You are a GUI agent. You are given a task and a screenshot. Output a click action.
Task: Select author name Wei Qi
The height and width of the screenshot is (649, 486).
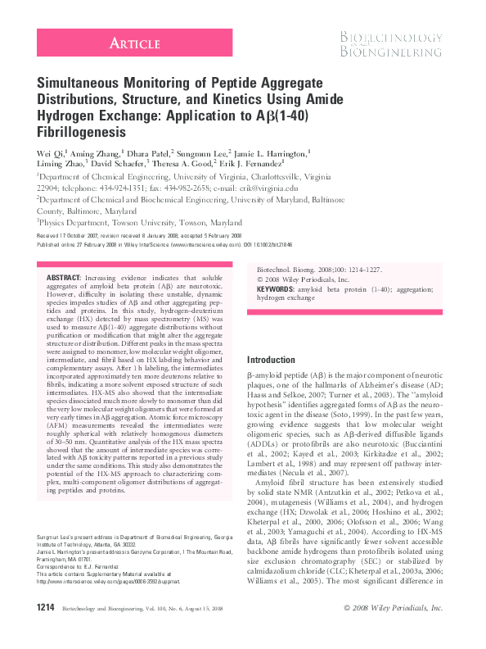[x=52, y=152]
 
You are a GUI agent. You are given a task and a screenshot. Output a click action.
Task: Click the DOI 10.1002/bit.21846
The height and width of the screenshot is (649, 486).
[x=295, y=244]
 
